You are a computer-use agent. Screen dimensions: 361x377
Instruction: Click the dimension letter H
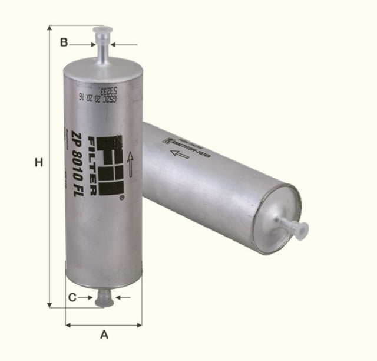tap(39, 162)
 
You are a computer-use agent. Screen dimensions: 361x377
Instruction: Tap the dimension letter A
tap(104, 335)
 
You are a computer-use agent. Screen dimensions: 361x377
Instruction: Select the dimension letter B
tap(64, 42)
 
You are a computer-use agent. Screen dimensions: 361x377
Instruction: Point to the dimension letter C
tap(72, 297)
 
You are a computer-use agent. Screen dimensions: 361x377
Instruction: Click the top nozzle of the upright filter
tap(102, 41)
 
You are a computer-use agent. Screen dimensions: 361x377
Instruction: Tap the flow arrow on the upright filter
tap(130, 166)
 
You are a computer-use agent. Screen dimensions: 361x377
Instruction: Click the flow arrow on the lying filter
tap(179, 154)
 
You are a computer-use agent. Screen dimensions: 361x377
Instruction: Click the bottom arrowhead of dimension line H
tap(49, 304)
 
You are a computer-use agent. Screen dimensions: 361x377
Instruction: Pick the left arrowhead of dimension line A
tap(68, 324)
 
